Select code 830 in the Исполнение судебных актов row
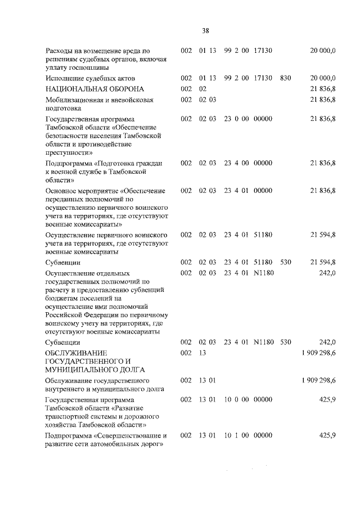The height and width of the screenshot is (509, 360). [x=285, y=78]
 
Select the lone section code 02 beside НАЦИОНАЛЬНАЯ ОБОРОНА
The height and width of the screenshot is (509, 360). [x=203, y=89]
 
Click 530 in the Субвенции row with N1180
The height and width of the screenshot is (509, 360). [x=285, y=342]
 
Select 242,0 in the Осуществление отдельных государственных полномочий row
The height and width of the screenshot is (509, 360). [x=326, y=273]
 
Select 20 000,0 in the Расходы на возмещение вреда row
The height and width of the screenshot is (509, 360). [x=323, y=51]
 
